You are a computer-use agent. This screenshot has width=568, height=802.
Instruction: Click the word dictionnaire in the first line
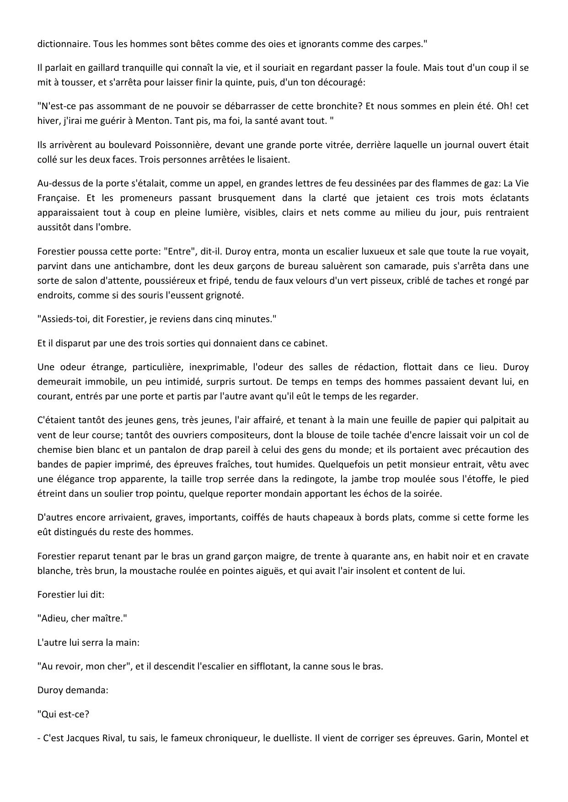[61, 44]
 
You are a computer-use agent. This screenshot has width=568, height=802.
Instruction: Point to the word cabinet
[311, 343]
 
